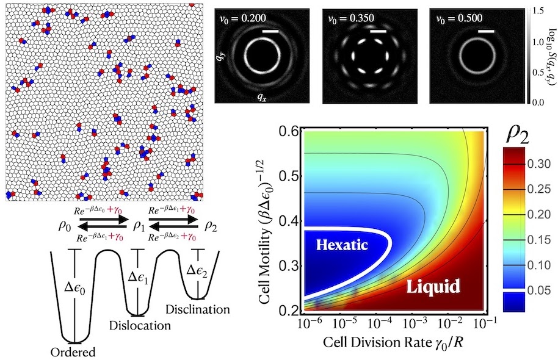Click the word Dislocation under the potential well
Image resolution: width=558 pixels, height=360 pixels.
142,325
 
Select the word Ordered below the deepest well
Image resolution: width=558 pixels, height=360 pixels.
74,351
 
